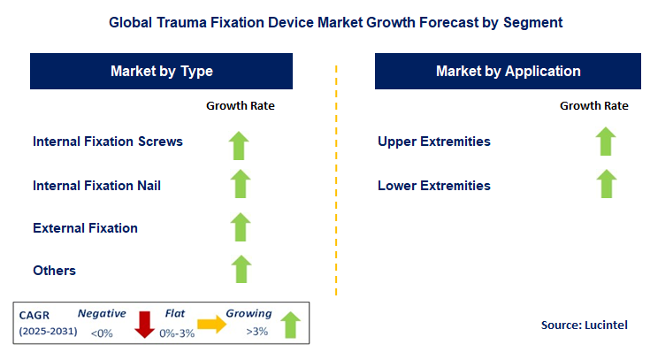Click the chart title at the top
[x=325, y=19]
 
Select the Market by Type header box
[x=161, y=71]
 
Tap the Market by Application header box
[x=508, y=71]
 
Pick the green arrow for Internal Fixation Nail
[x=240, y=185]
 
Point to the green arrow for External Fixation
[x=240, y=227]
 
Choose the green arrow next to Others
[x=240, y=270]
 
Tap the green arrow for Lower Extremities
[x=605, y=185]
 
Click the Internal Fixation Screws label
[x=107, y=142]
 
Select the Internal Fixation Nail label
[x=96, y=186]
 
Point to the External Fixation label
[x=85, y=228]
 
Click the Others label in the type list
[x=54, y=271]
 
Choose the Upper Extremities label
[x=433, y=142]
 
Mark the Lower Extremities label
[x=433, y=186]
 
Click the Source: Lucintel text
[x=584, y=326]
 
